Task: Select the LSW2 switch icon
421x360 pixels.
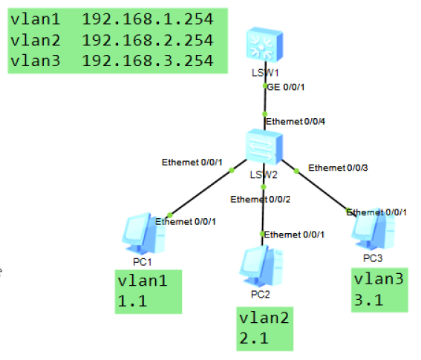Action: click(264, 148)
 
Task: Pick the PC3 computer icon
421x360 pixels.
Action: click(371, 229)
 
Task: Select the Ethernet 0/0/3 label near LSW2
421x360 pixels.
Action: click(338, 167)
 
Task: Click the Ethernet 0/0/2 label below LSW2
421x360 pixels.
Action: click(260, 199)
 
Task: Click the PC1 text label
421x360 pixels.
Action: click(142, 262)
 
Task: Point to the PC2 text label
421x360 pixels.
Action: click(260, 294)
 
